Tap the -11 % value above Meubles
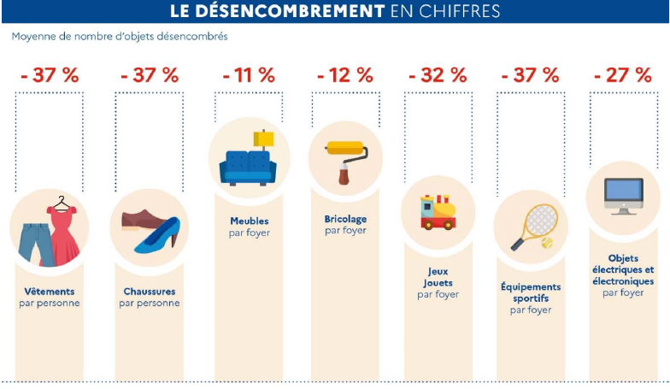point(248,74)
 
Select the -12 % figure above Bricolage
point(345,74)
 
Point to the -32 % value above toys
point(438,74)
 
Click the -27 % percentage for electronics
point(622,74)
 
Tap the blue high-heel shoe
point(157,237)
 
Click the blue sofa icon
point(247,168)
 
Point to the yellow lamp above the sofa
point(264,139)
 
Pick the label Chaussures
point(150,291)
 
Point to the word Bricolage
point(345,219)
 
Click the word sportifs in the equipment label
point(531,298)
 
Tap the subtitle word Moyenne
point(32,37)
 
